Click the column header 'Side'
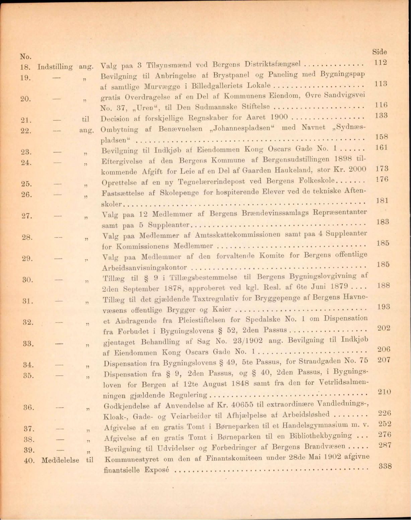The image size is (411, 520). click(380, 52)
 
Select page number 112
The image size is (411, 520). click(381, 63)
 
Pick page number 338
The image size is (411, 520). click(385, 466)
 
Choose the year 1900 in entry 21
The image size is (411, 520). click(278, 118)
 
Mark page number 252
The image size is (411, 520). click(385, 424)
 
